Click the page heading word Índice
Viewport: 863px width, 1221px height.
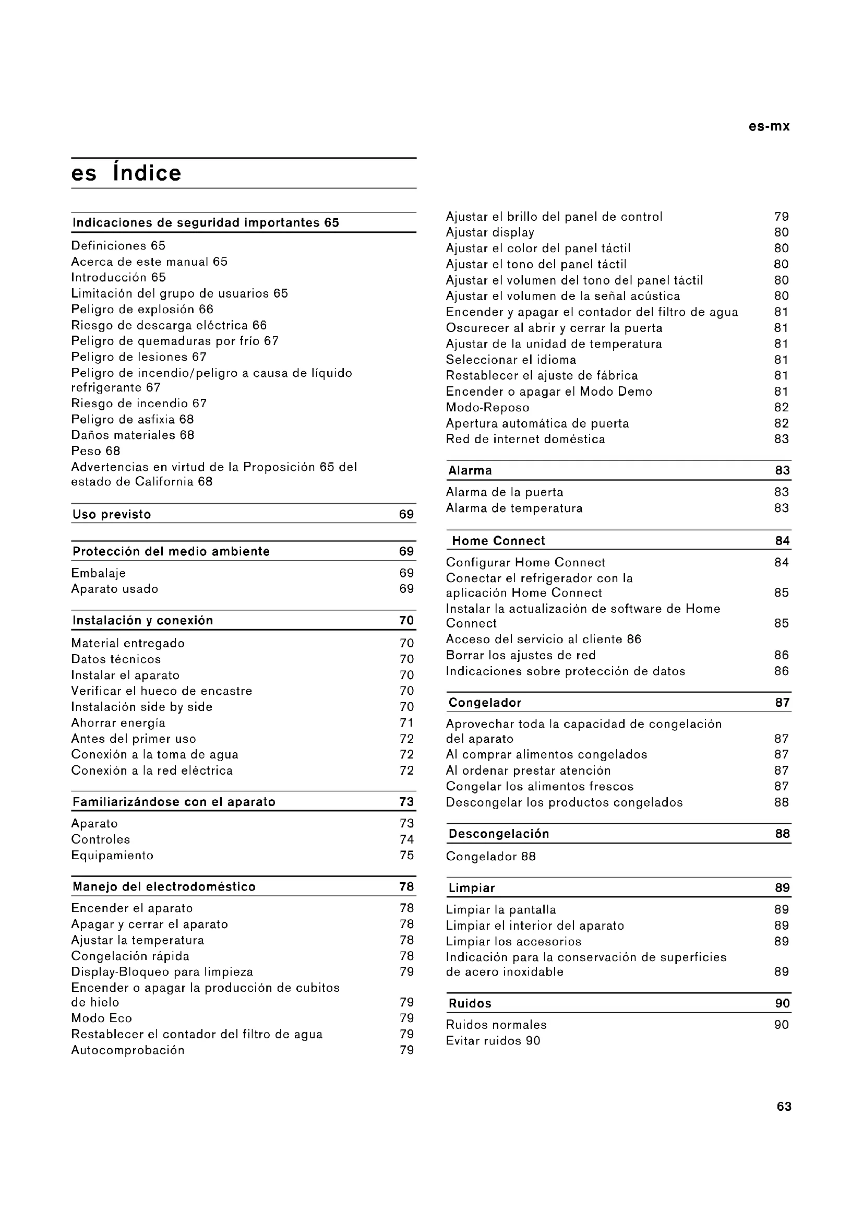coord(147,173)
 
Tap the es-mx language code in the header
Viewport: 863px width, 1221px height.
coord(769,126)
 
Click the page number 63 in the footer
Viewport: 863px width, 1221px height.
coord(784,1107)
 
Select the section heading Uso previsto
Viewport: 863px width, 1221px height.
coord(112,514)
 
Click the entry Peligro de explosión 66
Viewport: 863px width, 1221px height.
coord(142,310)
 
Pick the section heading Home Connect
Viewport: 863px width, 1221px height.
coord(498,541)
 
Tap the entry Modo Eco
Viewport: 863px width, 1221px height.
coord(102,1018)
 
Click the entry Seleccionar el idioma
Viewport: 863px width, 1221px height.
coord(511,360)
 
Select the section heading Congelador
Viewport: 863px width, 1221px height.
coord(485,703)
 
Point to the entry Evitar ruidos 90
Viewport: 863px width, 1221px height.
coord(493,1041)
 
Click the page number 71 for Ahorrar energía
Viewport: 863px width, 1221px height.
coord(406,722)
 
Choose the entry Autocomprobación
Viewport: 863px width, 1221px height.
coord(128,1050)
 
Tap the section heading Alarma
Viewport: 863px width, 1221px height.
coord(470,471)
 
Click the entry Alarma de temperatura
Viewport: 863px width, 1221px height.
coord(514,508)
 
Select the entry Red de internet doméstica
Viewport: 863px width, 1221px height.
coord(525,439)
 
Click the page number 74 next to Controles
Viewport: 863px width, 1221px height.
coord(406,840)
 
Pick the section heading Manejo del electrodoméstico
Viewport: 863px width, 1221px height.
coord(164,886)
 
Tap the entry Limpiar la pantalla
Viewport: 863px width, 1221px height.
coord(500,910)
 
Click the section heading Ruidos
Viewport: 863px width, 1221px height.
coord(470,1003)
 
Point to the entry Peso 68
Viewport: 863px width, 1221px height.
coord(95,451)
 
